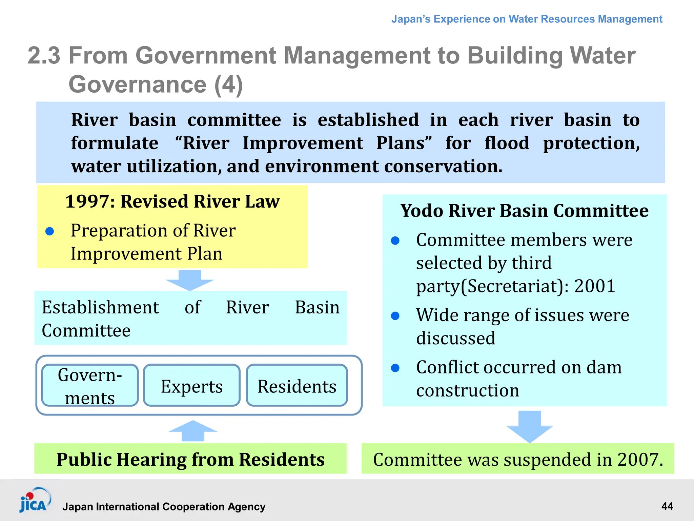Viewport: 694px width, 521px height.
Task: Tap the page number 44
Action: (667, 506)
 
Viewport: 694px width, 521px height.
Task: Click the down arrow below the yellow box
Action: (190, 280)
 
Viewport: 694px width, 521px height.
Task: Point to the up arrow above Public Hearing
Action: (193, 431)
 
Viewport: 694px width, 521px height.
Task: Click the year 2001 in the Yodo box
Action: (595, 286)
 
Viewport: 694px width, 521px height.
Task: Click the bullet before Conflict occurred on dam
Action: (395, 368)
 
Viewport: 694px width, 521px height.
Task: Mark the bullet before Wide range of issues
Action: (395, 316)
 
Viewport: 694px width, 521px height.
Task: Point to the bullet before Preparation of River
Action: (50, 231)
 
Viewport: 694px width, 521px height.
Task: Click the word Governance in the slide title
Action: (138, 84)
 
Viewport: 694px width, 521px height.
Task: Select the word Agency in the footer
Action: (246, 506)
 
